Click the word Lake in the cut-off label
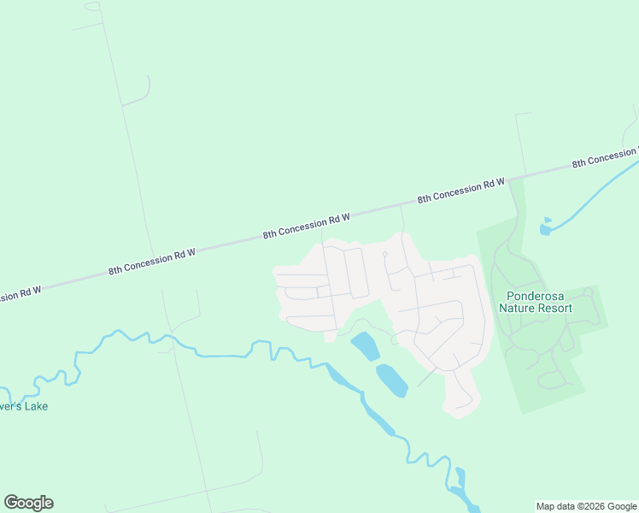[x=35, y=406]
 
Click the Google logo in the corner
[x=28, y=503]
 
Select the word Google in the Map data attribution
[x=622, y=506]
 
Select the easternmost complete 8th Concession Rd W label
[x=461, y=191]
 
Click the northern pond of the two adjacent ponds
[x=365, y=345]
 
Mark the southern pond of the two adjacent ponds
[x=391, y=380]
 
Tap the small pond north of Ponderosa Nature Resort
[x=546, y=228]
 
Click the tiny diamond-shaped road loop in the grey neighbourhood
[x=385, y=254]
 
